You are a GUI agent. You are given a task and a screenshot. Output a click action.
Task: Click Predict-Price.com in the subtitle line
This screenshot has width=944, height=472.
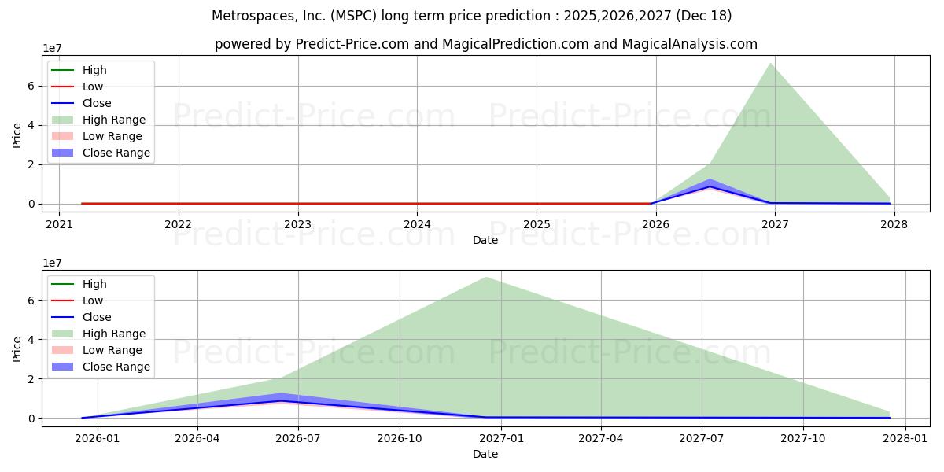[352, 45]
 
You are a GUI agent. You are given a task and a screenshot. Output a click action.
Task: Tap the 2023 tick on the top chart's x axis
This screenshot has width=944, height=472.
[297, 223]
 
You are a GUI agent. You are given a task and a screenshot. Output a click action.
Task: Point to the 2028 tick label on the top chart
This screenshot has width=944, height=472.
[894, 223]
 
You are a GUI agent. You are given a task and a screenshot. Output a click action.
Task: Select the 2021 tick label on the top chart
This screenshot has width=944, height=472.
[59, 223]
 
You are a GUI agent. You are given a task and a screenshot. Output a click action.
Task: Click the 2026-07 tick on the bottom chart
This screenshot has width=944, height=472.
[298, 438]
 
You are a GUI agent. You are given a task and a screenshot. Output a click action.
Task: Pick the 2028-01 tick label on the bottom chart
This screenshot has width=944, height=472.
[905, 438]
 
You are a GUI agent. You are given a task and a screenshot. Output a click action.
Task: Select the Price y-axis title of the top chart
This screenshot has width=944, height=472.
[17, 135]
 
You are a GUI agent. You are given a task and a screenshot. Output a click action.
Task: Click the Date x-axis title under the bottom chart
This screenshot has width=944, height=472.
[485, 454]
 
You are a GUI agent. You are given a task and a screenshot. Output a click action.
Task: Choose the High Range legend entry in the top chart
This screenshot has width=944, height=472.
[114, 120]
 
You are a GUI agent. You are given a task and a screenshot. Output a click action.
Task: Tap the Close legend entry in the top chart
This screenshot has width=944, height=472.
[97, 103]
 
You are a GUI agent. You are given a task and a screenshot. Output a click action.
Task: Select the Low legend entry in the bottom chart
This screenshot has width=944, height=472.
[93, 301]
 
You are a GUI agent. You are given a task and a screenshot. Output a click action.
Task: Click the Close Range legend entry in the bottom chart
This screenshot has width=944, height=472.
[116, 367]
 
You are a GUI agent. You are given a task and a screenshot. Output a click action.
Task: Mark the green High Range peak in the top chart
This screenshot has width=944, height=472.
[770, 63]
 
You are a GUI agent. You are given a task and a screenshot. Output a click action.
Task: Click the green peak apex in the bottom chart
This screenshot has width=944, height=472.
[486, 277]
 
